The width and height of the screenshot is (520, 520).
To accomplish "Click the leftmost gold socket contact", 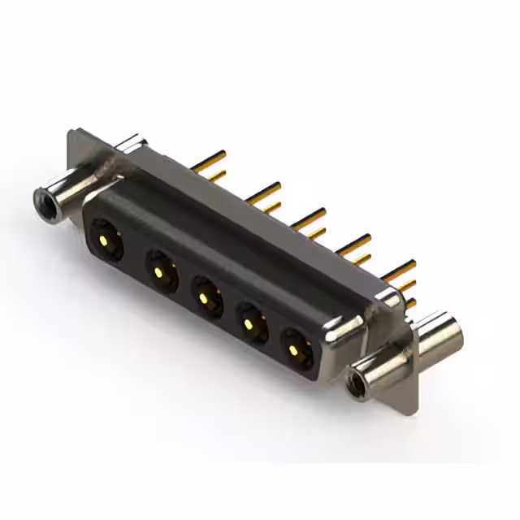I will [106, 238].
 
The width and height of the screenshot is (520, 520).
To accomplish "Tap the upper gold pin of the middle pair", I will [309, 215].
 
